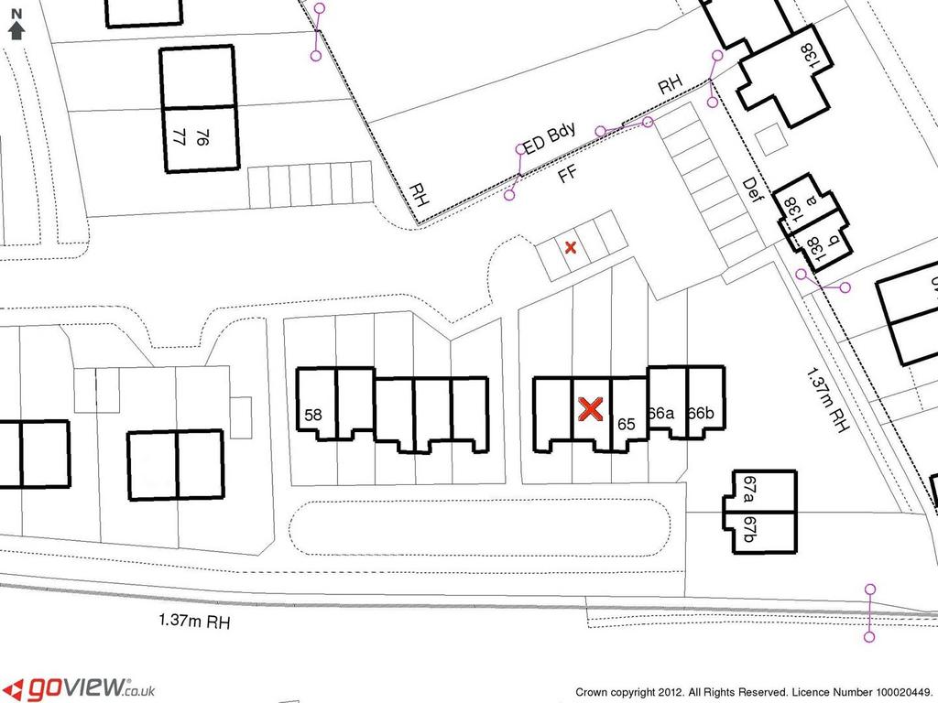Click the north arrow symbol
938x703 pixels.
[16, 25]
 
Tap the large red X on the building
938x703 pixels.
[591, 409]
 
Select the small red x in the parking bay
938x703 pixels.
[570, 247]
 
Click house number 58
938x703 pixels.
[313, 415]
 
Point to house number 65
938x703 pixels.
[626, 424]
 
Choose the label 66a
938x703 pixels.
[661, 413]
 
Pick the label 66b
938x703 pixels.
[701, 413]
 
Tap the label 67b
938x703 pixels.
[748, 530]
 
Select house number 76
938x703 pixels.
[202, 138]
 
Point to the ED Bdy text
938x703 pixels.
[550, 139]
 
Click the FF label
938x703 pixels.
[567, 174]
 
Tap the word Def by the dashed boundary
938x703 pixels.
[751, 190]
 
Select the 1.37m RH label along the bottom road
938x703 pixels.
[194, 621]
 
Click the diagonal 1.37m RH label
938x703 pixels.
[827, 399]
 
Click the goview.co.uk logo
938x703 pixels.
[82, 688]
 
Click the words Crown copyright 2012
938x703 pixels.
[629, 692]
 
